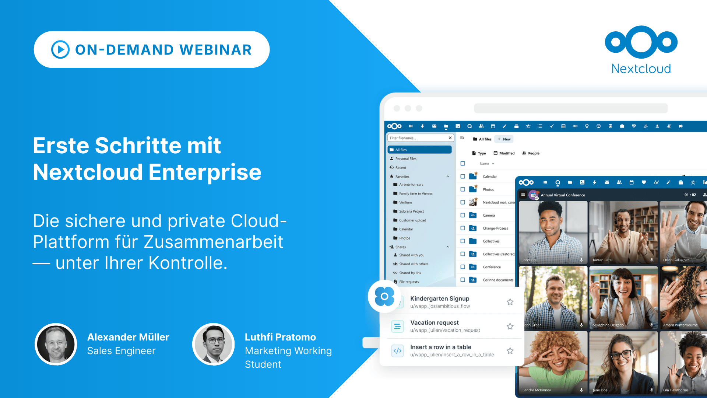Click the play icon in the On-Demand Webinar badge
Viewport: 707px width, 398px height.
click(x=60, y=49)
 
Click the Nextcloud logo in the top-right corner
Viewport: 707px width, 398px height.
click(x=641, y=50)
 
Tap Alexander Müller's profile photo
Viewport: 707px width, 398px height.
click(x=56, y=344)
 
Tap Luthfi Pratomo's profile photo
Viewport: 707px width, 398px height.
click(x=214, y=344)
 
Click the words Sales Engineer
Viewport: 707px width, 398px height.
click(x=121, y=351)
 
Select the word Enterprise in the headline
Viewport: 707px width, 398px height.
click(x=205, y=172)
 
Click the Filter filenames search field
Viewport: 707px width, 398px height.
click(x=418, y=138)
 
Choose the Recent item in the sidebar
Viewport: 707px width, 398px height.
click(x=401, y=168)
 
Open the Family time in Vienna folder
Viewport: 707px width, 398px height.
click(x=415, y=193)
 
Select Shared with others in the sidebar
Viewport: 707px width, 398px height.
click(x=414, y=264)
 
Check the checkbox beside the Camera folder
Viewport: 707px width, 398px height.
click(x=463, y=215)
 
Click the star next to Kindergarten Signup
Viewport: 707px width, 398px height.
click(x=510, y=302)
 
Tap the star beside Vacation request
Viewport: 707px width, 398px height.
click(x=510, y=327)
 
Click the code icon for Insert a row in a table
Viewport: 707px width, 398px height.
click(x=397, y=351)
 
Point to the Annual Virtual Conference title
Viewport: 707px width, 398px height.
click(x=563, y=195)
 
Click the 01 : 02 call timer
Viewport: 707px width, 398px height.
click(x=690, y=195)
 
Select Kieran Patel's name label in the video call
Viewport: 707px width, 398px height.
click(x=602, y=260)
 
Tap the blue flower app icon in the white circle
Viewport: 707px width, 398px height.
click(x=384, y=296)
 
